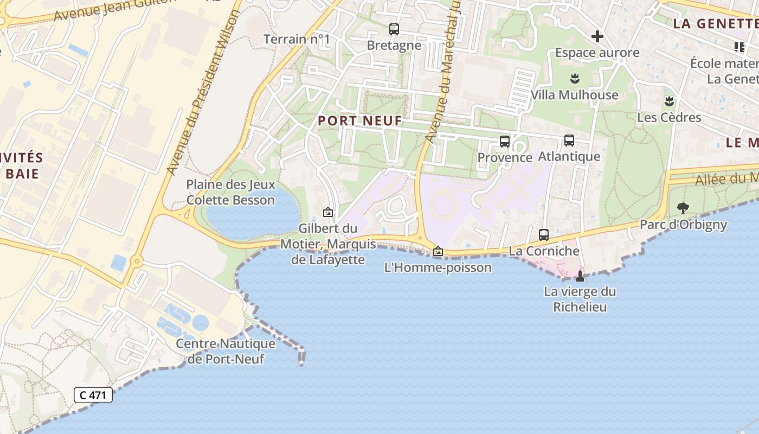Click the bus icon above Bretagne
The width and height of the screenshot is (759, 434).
(394, 29)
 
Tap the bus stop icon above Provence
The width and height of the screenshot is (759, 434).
(505, 142)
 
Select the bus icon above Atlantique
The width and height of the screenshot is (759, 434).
(569, 141)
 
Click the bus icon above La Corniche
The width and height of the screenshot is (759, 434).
(544, 235)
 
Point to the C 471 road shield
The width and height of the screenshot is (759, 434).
(93, 395)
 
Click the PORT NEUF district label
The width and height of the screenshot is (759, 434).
(360, 121)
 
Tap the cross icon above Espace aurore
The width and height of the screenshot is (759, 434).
(597, 36)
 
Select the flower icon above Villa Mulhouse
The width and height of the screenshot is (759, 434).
(575, 79)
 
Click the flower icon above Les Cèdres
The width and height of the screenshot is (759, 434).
(669, 101)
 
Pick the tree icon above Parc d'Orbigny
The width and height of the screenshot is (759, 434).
(683, 208)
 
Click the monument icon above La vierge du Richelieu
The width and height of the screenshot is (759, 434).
(580, 276)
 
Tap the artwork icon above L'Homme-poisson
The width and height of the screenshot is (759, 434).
(438, 252)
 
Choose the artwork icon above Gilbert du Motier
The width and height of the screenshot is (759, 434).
(327, 212)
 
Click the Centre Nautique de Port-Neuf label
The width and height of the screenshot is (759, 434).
(226, 351)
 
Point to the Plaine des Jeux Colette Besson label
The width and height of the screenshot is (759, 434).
(230, 192)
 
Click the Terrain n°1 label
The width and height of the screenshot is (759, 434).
(297, 39)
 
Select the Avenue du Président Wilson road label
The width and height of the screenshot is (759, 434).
(204, 92)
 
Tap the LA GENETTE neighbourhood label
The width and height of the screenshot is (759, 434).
(715, 24)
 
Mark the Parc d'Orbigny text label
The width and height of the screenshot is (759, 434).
(683, 224)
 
